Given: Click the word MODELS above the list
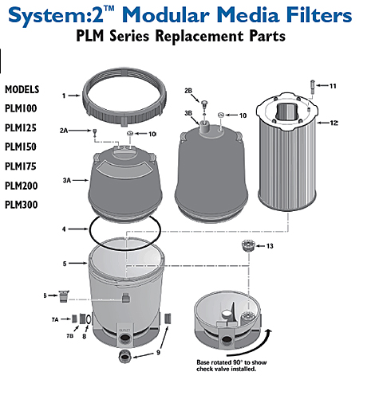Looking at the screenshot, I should pos(22,89).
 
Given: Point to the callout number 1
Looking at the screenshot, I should pos(73,96).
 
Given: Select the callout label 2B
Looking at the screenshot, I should pos(188,91).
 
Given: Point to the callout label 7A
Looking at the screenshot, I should pos(55,319).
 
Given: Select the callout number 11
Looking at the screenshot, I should pos(333,86).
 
